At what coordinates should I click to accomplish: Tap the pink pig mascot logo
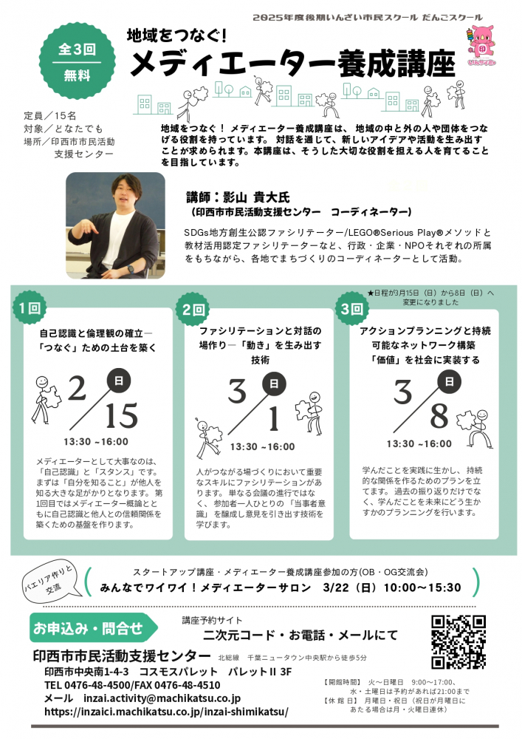point(483,45)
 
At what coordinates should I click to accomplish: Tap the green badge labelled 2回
point(193,309)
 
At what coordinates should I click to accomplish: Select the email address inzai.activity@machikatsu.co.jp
point(162,698)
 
